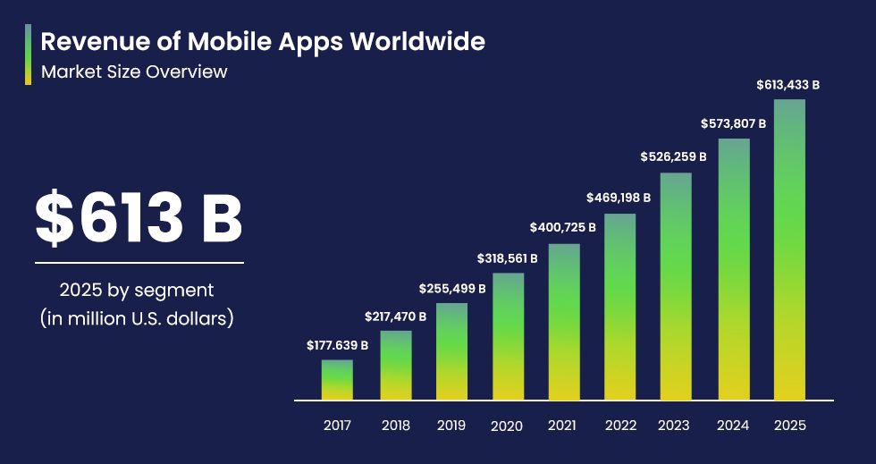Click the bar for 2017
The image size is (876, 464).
(x=337, y=380)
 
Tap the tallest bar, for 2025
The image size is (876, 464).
(x=789, y=249)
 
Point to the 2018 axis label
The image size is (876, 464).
(x=396, y=426)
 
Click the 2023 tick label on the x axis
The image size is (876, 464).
(x=674, y=426)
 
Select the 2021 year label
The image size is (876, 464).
(x=562, y=426)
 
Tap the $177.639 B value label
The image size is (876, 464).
(x=337, y=345)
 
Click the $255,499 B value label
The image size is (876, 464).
(x=452, y=289)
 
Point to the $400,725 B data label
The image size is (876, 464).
(x=562, y=229)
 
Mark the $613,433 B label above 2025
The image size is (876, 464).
(x=788, y=85)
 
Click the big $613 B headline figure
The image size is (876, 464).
(x=139, y=219)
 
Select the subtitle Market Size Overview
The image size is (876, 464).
(x=134, y=72)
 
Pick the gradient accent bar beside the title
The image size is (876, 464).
(x=29, y=55)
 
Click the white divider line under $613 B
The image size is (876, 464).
(x=139, y=263)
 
